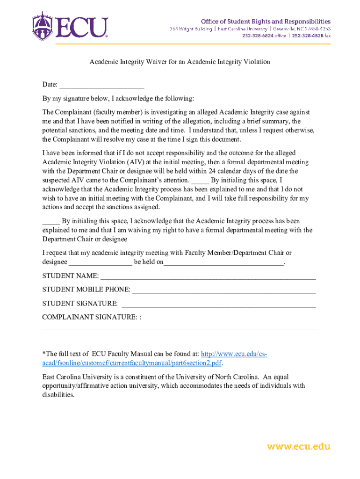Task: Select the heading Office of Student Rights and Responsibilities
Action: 266,21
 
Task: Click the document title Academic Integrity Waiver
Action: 180,62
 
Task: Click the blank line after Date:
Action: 101,85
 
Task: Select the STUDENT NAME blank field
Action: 208,276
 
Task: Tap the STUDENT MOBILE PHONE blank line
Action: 224,290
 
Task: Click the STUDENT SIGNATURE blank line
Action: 218,304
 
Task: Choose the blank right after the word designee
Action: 101,262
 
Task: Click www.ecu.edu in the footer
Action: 298,446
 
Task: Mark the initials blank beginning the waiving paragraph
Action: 50,221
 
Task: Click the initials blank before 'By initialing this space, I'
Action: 200,181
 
